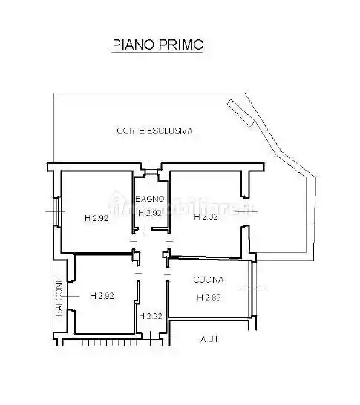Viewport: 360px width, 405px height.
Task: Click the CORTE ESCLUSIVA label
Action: tap(154, 130)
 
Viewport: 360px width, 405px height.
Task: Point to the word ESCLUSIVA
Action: tap(168, 130)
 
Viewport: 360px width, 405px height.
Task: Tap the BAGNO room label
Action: tap(150, 199)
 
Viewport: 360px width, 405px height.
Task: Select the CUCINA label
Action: tap(208, 280)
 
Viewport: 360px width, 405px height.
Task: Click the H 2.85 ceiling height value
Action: tap(209, 298)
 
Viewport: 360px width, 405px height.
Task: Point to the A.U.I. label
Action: tap(209, 340)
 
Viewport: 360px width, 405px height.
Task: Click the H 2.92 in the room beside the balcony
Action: tap(102, 296)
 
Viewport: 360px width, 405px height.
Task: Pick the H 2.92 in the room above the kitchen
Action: tap(206, 217)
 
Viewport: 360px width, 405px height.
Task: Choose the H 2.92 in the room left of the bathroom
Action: tap(96, 218)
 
